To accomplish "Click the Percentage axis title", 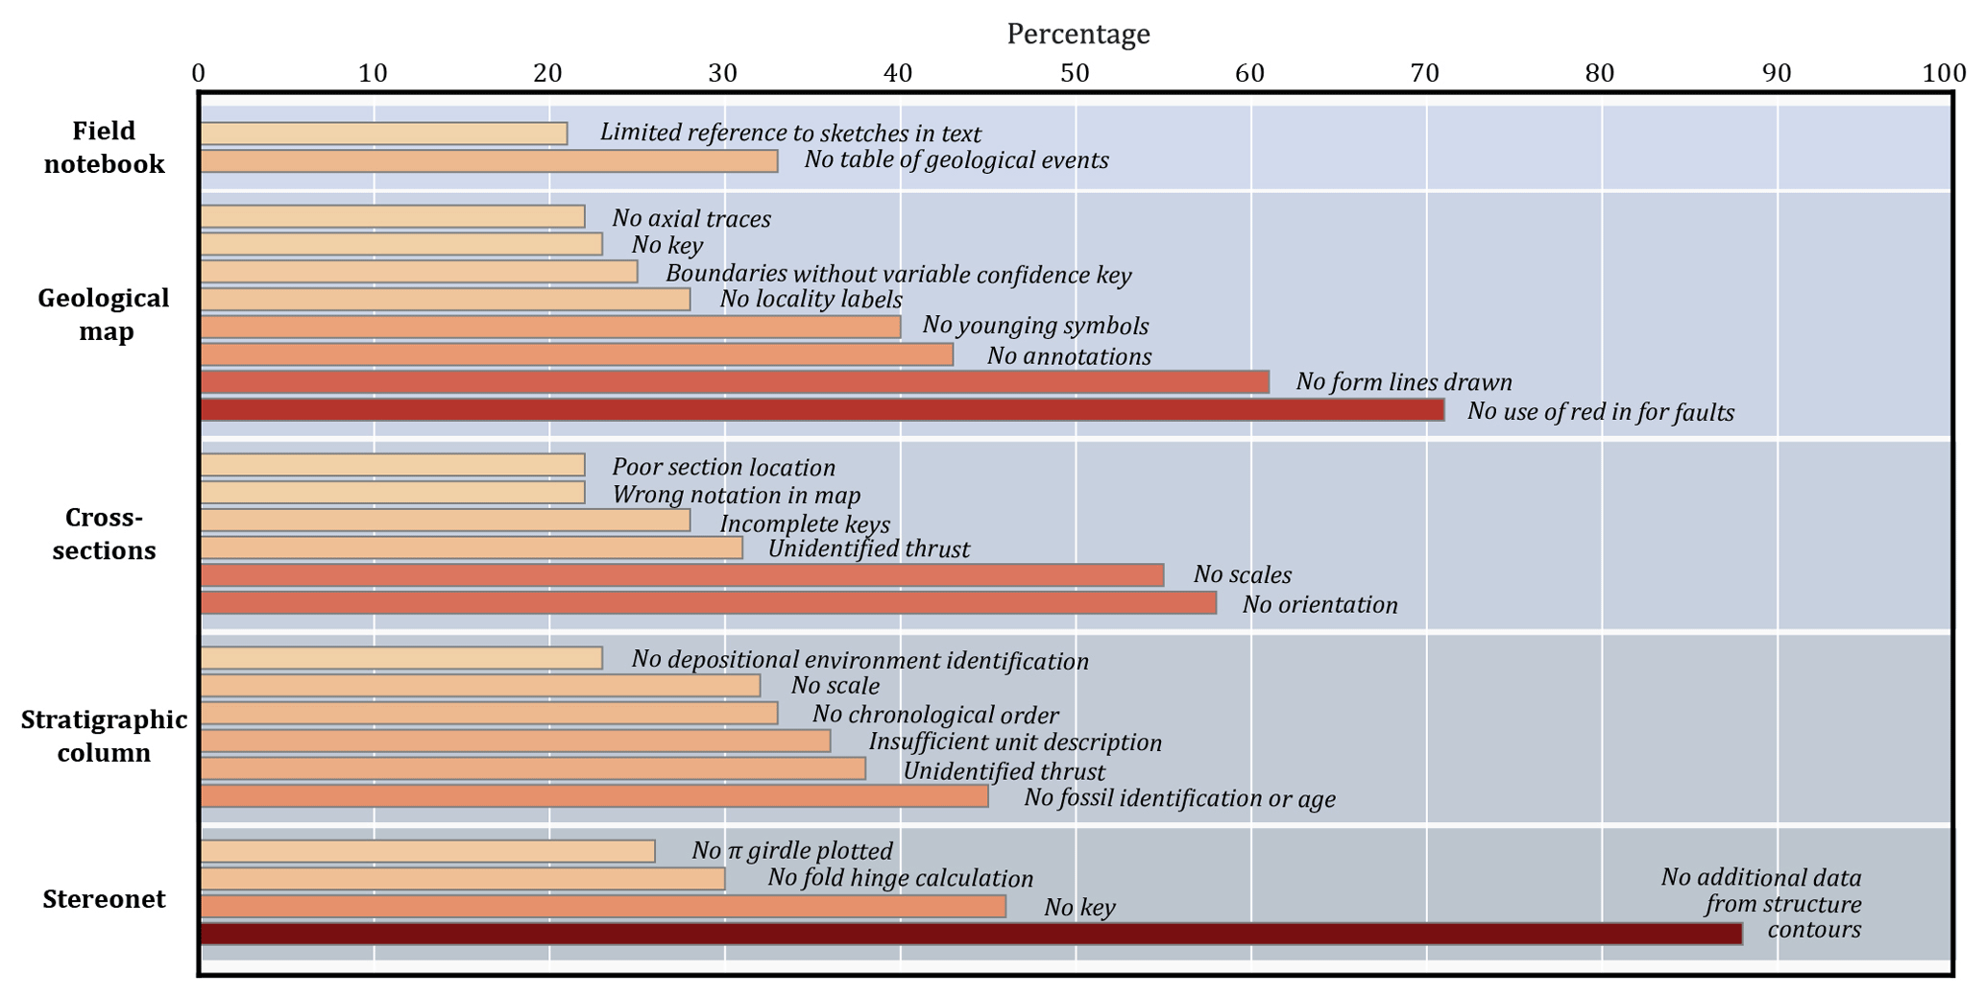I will click(x=1077, y=35).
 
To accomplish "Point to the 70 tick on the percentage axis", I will click(x=1425, y=73).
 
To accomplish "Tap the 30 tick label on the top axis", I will click(x=723, y=73).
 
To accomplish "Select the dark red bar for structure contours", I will click(x=970, y=934).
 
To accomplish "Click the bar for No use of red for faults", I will click(x=821, y=410).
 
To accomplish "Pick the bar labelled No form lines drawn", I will click(x=734, y=382).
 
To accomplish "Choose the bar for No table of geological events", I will click(x=488, y=161).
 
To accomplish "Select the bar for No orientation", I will click(x=708, y=603).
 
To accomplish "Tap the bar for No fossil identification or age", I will click(x=593, y=796).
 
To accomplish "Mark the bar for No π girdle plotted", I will click(x=427, y=852).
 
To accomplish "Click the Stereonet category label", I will click(x=104, y=899).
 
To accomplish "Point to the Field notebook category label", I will click(x=104, y=147).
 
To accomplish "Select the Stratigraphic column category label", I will click(x=104, y=736).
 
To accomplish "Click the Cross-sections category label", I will click(x=104, y=534).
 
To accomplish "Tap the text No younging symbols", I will click(x=1035, y=326).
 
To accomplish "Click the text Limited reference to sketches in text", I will click(x=790, y=133).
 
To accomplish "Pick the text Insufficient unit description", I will click(x=1015, y=742).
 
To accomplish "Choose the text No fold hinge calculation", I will click(x=900, y=879).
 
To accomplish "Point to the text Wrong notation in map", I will click(x=737, y=496).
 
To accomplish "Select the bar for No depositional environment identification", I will click(x=400, y=658).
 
